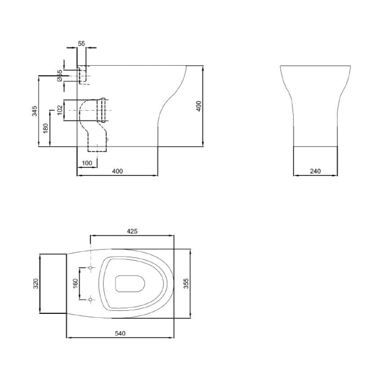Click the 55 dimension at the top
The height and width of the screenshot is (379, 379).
click(x=81, y=43)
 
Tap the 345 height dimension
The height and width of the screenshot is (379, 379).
click(x=35, y=111)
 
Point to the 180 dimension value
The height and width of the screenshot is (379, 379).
click(x=45, y=129)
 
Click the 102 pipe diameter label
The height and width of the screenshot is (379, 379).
click(x=59, y=110)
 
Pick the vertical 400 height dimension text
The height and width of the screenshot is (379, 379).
click(x=199, y=106)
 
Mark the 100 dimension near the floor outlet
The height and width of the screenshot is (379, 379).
click(x=87, y=163)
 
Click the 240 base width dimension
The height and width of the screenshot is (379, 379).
click(x=315, y=171)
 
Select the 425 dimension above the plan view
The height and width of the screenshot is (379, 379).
click(x=132, y=231)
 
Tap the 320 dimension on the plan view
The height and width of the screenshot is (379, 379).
click(x=36, y=283)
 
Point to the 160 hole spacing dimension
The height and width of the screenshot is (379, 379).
click(x=76, y=283)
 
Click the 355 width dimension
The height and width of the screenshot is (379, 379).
click(x=186, y=283)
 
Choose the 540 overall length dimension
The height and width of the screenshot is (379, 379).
click(x=120, y=333)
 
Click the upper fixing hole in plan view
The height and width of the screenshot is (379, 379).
click(x=90, y=268)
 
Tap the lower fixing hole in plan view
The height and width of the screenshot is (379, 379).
click(x=90, y=299)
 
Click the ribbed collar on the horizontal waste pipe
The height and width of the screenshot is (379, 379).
click(x=104, y=110)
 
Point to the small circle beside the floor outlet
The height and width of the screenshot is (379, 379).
click(x=107, y=140)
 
